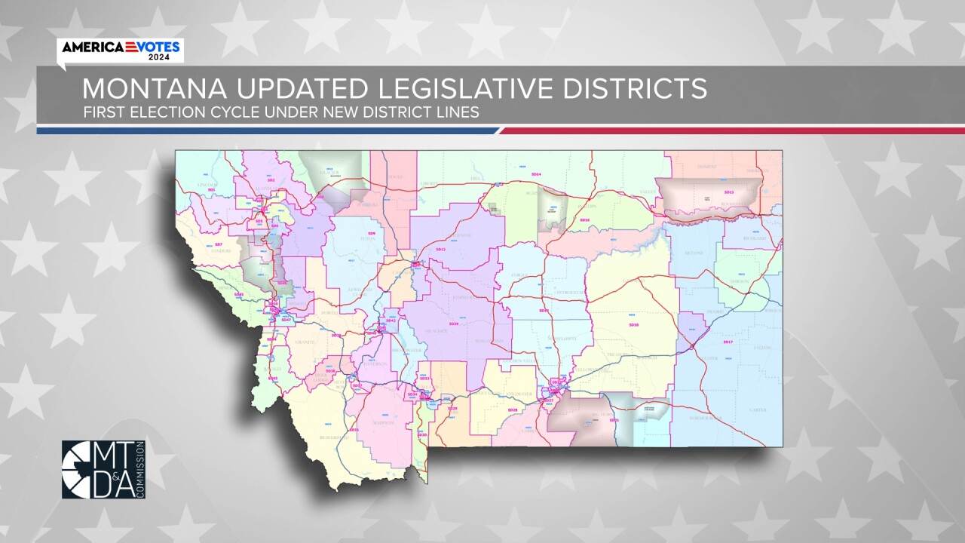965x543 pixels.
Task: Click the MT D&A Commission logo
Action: (103, 469)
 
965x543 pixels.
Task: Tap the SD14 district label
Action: (536, 174)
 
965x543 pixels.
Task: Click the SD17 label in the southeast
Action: (728, 342)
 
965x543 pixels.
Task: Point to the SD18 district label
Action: (633, 324)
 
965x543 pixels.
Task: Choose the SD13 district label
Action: (441, 249)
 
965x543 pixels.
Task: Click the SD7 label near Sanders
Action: (218, 245)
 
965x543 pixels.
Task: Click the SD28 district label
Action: (513, 410)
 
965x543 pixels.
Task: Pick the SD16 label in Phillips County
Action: (584, 219)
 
